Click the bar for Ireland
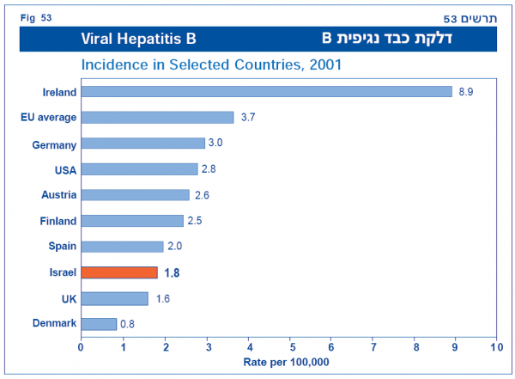click(266, 91)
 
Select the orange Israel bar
click(119, 272)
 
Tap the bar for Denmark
click(99, 324)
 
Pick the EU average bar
click(157, 117)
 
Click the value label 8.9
click(465, 91)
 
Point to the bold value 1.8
click(172, 272)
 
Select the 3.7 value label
click(247, 117)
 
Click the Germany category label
click(54, 144)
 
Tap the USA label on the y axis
click(64, 170)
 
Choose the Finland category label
click(58, 221)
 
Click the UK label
click(69, 298)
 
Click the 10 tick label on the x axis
click(496, 348)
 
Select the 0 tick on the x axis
click(81, 348)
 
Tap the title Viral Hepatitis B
click(139, 39)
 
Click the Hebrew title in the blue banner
click(393, 38)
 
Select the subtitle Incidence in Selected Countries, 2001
click(211, 64)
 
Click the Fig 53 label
click(38, 16)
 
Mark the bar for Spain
click(122, 247)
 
